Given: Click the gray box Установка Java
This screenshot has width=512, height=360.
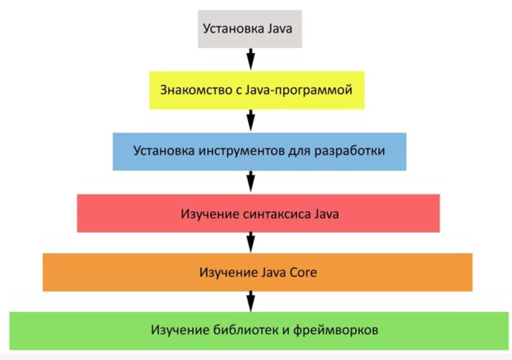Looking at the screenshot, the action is (x=250, y=29).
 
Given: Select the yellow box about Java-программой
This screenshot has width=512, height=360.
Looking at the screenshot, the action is (x=257, y=90).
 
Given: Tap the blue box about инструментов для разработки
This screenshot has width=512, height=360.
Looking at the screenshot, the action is (x=259, y=152).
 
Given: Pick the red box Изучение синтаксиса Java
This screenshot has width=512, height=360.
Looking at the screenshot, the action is (x=258, y=213).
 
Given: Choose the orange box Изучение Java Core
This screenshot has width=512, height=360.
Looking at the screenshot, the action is (x=257, y=272).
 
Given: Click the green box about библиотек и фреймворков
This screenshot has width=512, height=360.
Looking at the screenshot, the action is (x=259, y=331).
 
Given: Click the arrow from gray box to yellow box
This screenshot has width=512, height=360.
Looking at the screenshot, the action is (x=250, y=59).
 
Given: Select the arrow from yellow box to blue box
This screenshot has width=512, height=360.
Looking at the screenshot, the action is (x=250, y=120).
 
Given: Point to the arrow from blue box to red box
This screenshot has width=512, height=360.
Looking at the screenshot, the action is (x=250, y=181).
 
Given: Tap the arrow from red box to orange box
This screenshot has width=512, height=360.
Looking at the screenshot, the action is (x=250, y=243).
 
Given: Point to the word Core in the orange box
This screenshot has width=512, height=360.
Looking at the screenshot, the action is (x=304, y=272).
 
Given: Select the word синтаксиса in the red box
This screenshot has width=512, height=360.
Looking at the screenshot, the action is (x=277, y=214).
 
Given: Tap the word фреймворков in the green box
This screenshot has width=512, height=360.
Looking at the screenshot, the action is (x=336, y=330).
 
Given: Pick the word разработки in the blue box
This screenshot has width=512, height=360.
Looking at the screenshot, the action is (x=350, y=151).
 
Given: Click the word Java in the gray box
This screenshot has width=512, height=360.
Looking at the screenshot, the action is (x=280, y=28).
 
